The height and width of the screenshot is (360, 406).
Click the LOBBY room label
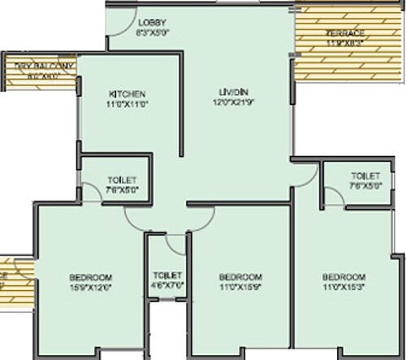151,22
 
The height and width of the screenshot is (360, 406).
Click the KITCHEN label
128,94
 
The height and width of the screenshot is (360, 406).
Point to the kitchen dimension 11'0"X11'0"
128,104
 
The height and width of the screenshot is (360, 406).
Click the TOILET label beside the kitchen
122,180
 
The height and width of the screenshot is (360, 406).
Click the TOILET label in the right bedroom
365,176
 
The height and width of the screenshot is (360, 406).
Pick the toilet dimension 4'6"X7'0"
166,285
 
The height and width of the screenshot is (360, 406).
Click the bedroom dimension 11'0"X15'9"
240,286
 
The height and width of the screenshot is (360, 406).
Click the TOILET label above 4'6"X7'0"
166,275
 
